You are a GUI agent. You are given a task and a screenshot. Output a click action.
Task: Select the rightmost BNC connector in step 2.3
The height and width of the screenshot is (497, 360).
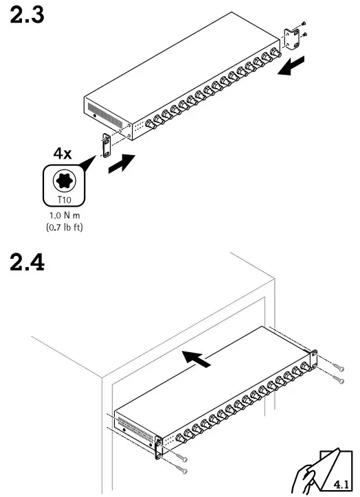(276, 54)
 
